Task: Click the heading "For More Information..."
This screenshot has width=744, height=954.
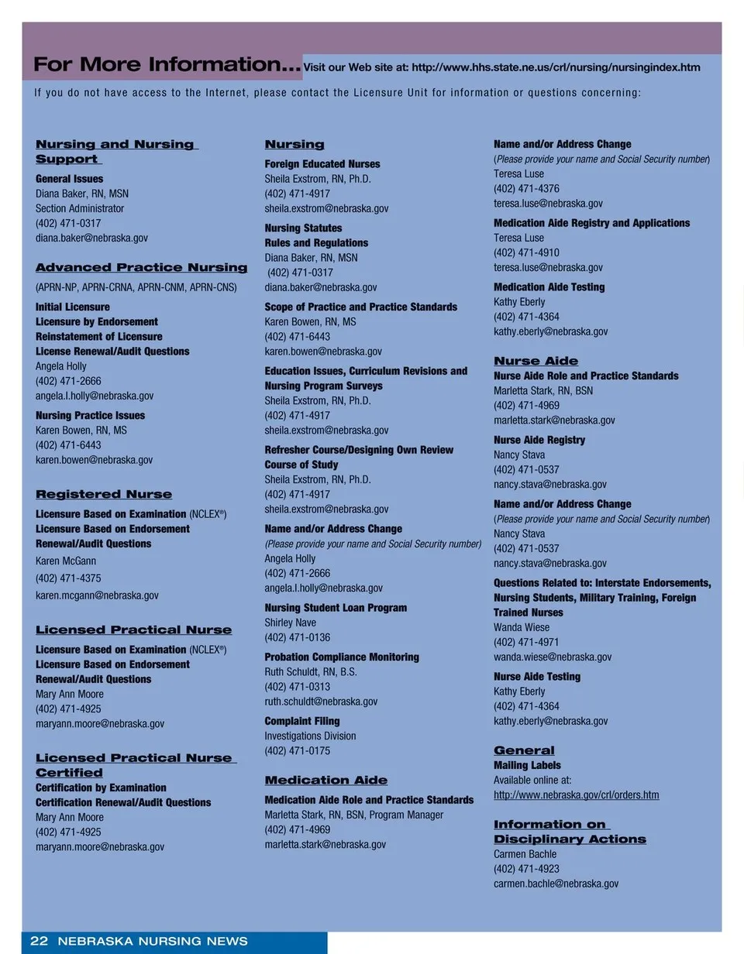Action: point(167,64)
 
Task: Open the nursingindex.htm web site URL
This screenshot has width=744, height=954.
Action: point(556,67)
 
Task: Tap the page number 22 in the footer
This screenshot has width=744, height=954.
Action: point(39,942)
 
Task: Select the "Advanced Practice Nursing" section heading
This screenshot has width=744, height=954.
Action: point(142,268)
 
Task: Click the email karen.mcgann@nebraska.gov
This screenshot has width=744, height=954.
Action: point(97,595)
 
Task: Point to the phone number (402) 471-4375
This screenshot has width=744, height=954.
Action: point(68,578)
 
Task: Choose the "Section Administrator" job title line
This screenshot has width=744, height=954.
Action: point(80,208)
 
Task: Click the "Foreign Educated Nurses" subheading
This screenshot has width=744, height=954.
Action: point(322,164)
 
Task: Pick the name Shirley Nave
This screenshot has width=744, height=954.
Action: point(291,623)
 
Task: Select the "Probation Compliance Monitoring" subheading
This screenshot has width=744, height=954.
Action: point(342,657)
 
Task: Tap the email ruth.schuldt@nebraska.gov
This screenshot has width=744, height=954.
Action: point(321,702)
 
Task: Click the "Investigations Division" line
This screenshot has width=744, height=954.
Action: point(311,736)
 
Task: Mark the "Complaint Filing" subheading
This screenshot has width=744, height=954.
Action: point(302,721)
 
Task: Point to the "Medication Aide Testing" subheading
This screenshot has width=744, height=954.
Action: point(549,287)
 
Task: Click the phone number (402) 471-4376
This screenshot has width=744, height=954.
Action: point(526,188)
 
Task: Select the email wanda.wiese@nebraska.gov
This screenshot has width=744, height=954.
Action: point(553,657)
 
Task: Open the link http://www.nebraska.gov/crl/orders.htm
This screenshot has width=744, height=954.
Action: point(577,794)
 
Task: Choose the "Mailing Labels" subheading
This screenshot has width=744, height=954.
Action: point(527,765)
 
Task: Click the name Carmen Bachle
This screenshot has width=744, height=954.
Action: point(525,854)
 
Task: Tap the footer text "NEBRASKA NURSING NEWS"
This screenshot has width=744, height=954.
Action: point(153,942)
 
